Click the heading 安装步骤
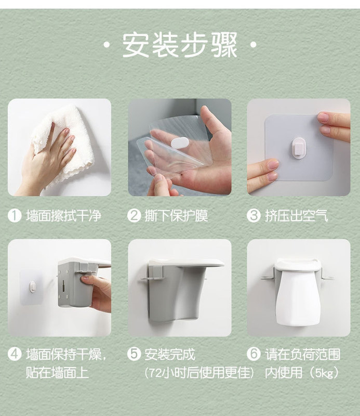tap(179, 45)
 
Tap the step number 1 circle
tap(15, 215)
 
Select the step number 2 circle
tap(134, 215)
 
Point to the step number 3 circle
tap(254, 215)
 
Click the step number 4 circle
tap(15, 354)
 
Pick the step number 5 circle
tap(134, 354)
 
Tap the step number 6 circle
tap(254, 354)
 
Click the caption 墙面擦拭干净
tap(63, 215)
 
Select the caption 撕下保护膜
tap(176, 215)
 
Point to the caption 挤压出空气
tap(297, 215)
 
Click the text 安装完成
tap(170, 354)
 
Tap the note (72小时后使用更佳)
tap(199, 373)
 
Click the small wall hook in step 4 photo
tap(32, 287)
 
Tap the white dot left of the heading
tap(106, 45)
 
